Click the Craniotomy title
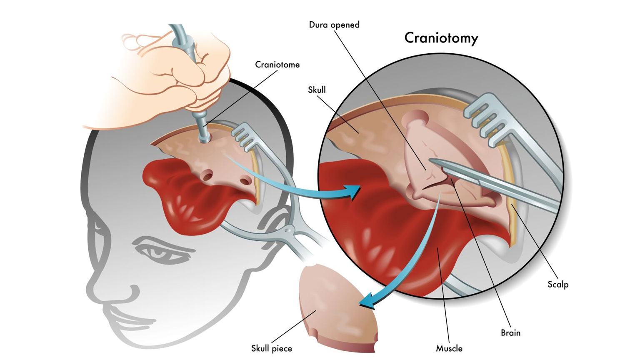pyautogui.click(x=441, y=38)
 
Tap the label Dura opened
pyautogui.click(x=334, y=25)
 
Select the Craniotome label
pyautogui.click(x=277, y=65)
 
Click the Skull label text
pyautogui.click(x=317, y=90)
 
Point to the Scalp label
pyautogui.click(x=557, y=285)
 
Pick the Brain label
pyautogui.click(x=510, y=332)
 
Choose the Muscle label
pyautogui.click(x=449, y=348)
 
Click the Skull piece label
pyautogui.click(x=271, y=348)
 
